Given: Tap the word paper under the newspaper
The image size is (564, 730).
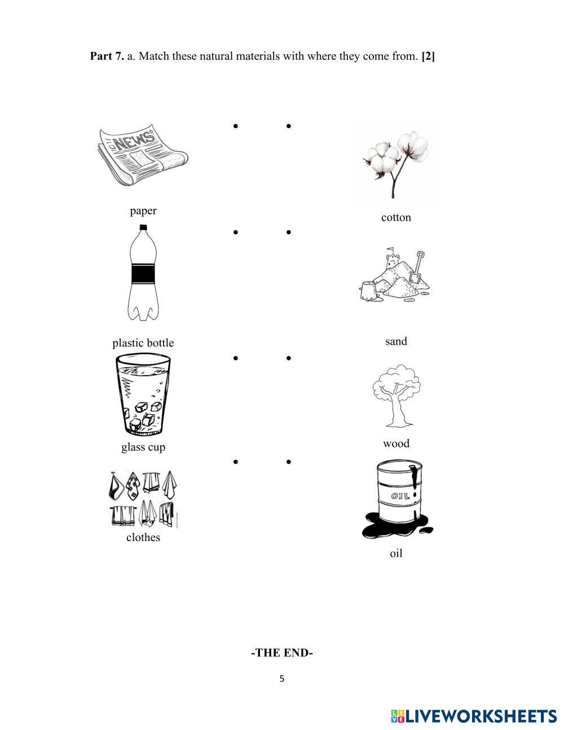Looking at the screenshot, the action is (143, 211).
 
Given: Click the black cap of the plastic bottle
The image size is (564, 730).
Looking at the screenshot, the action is (143, 227).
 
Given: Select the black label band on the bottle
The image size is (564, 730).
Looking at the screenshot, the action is (143, 274).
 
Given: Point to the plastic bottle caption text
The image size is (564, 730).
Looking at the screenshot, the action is (143, 342).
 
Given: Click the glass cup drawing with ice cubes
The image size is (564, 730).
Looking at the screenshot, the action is (143, 394).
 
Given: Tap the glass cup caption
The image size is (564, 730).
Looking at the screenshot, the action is (143, 447).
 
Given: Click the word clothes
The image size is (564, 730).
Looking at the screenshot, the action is (143, 537).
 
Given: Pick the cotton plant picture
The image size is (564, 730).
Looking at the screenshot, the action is (395, 163).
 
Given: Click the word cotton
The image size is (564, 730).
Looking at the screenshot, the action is (396, 218).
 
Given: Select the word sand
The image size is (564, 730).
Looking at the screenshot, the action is (396, 341).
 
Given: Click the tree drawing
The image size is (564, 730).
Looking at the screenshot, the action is (396, 395).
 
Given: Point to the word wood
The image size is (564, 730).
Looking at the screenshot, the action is (396, 443).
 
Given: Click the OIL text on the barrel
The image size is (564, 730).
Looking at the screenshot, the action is (400, 496).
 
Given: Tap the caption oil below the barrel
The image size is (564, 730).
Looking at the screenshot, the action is (396, 553).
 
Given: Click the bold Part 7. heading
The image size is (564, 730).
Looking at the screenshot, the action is (107, 56).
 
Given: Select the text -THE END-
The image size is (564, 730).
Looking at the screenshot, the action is (282, 652).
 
